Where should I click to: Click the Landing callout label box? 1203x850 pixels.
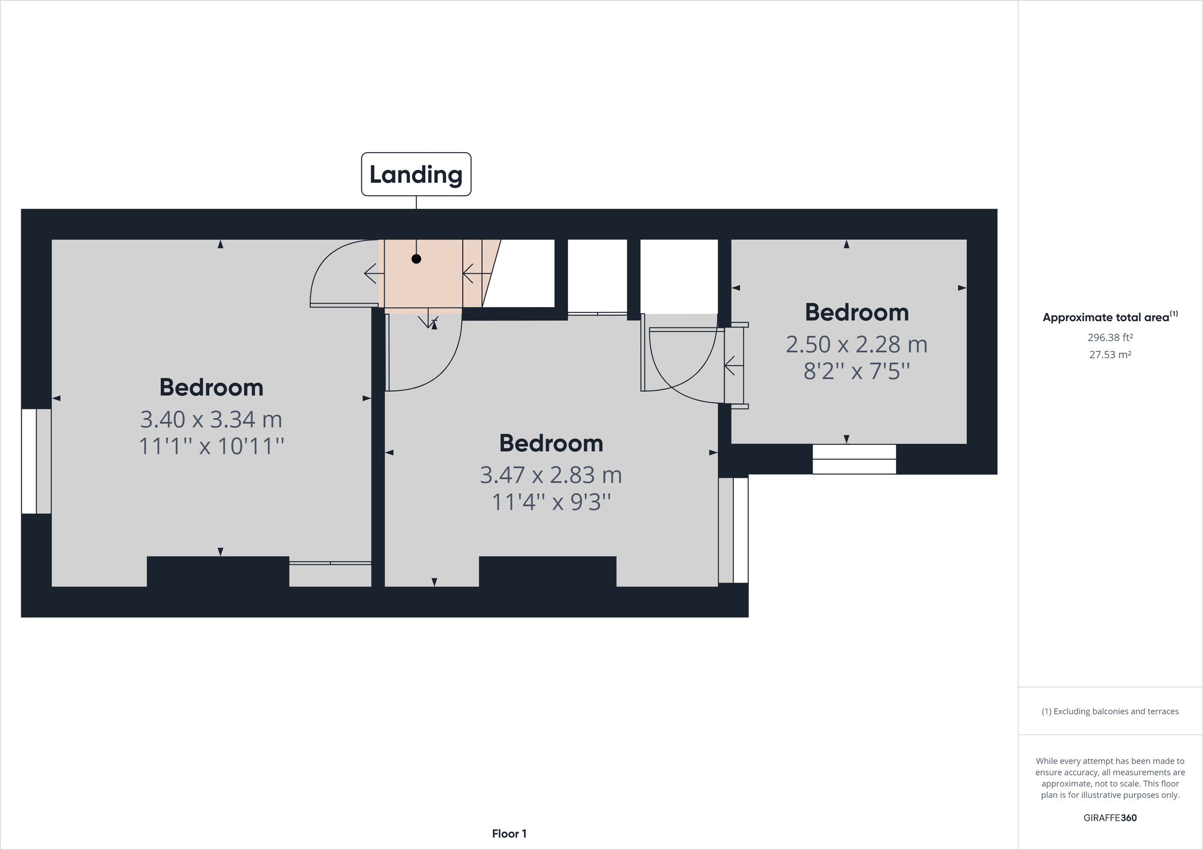click(416, 174)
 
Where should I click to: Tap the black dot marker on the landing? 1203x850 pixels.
click(416, 259)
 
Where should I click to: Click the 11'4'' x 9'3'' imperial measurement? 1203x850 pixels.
click(551, 502)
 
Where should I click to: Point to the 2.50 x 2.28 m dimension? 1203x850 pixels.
click(857, 345)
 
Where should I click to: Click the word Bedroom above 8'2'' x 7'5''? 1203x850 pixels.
click(857, 313)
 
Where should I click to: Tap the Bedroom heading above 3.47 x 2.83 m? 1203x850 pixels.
click(551, 444)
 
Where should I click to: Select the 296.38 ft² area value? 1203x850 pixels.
click(1110, 338)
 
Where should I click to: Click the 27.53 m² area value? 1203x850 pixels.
click(1110, 355)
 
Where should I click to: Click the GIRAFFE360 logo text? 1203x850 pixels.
click(1110, 817)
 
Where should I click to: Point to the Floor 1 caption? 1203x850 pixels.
click(509, 834)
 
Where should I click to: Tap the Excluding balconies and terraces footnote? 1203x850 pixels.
click(1110, 711)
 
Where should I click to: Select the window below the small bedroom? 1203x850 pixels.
click(854, 459)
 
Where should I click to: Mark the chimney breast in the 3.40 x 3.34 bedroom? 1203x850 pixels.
click(218, 571)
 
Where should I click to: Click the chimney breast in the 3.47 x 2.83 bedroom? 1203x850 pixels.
click(547, 571)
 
